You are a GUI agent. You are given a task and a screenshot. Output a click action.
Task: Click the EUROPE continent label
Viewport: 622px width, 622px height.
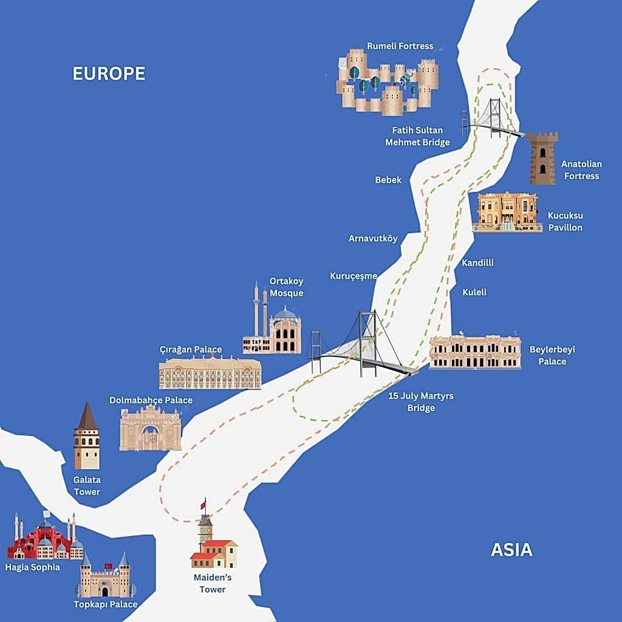tap(109, 73)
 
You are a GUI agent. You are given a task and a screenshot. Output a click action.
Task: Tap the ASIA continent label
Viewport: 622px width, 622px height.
tap(511, 550)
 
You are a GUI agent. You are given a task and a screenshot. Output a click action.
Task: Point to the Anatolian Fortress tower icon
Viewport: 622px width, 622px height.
tap(542, 158)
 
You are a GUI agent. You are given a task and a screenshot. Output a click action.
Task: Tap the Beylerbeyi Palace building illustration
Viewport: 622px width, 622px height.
tap(475, 352)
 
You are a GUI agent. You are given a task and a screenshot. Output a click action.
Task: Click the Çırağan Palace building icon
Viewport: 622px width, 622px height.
tap(210, 373)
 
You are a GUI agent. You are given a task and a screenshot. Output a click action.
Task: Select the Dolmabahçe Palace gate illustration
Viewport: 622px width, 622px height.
tap(150, 428)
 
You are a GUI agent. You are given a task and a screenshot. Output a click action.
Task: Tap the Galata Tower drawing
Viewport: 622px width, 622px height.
tap(87, 437)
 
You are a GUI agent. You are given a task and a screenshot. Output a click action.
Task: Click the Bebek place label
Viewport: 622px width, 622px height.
tap(388, 180)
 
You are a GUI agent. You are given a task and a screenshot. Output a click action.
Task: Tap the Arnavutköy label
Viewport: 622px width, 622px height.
tap(373, 238)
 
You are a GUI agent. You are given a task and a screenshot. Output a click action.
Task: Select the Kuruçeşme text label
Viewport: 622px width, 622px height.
tap(354, 276)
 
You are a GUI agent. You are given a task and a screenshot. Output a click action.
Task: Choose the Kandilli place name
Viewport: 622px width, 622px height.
tap(477, 263)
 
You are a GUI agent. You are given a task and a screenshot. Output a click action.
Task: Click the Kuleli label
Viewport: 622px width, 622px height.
tap(474, 292)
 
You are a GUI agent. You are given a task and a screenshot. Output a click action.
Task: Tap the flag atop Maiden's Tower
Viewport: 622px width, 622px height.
tap(204, 504)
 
